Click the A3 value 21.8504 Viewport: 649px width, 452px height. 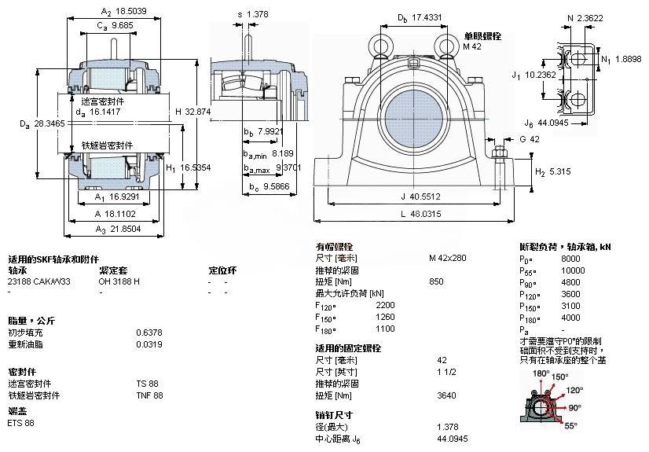pyautogui.click(x=126, y=229)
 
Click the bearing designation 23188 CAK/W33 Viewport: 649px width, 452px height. pyautogui.click(x=38, y=281)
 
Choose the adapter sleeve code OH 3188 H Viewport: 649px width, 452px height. pyautogui.click(x=119, y=281)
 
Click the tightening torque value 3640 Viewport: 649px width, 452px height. pyautogui.click(x=446, y=395)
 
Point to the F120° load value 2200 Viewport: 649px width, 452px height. pyautogui.click(x=386, y=305)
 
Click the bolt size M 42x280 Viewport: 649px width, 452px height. pyautogui.click(x=448, y=258)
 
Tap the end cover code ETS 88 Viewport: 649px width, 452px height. pyautogui.click(x=21, y=423)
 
